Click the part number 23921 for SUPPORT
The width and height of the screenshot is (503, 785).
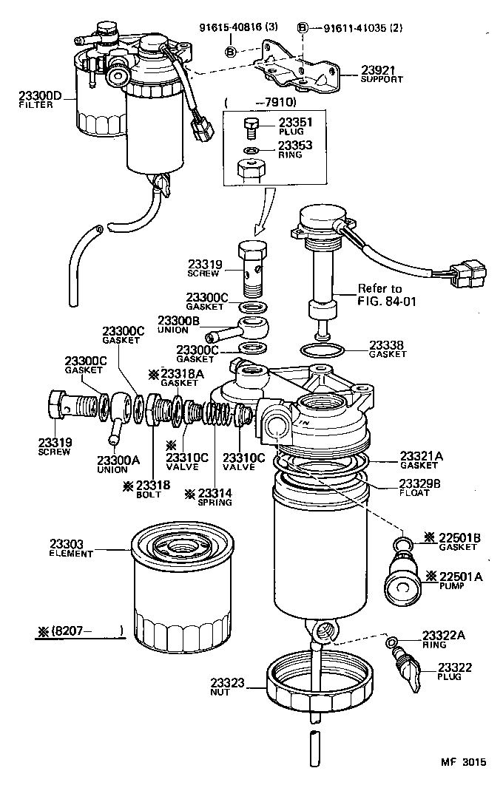click(x=377, y=70)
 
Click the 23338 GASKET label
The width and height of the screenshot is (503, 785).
click(x=388, y=348)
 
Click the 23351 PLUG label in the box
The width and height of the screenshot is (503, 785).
click(x=295, y=127)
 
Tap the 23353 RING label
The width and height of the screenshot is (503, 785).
click(x=295, y=149)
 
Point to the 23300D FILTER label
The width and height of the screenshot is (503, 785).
click(x=41, y=100)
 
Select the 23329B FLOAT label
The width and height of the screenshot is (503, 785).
click(x=420, y=488)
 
